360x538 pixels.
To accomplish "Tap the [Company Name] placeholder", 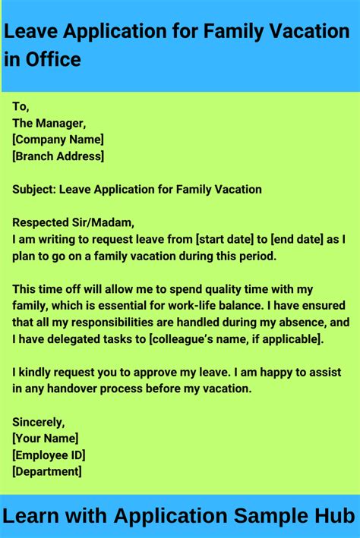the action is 58,140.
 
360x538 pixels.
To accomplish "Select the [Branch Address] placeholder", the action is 58,156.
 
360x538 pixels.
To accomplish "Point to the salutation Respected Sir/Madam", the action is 73,223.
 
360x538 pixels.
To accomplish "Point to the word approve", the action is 173,373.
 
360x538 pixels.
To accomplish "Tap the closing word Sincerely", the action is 39,422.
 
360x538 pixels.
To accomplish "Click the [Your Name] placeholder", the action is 46,439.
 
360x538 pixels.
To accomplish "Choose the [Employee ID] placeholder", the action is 49,455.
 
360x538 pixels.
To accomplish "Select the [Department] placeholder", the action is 47,472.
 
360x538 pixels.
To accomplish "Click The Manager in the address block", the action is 49,123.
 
